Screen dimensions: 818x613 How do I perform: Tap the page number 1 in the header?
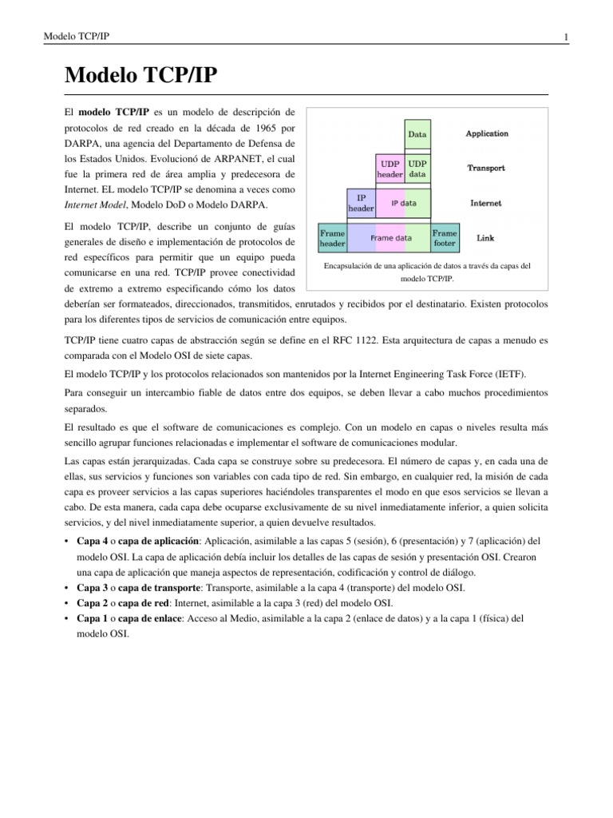pos(565,38)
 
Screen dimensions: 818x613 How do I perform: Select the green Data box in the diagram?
pos(417,135)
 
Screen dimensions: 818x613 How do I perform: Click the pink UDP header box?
pos(390,169)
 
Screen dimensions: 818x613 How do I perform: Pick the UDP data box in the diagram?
pos(417,169)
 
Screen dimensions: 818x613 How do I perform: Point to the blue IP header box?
pos(360,203)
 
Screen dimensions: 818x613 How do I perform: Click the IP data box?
pos(404,203)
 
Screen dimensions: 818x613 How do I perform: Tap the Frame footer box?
pos(445,237)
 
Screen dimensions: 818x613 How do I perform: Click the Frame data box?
pos(390,237)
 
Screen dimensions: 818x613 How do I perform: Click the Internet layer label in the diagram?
pos(486,203)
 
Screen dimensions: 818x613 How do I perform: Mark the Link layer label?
pos(485,237)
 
